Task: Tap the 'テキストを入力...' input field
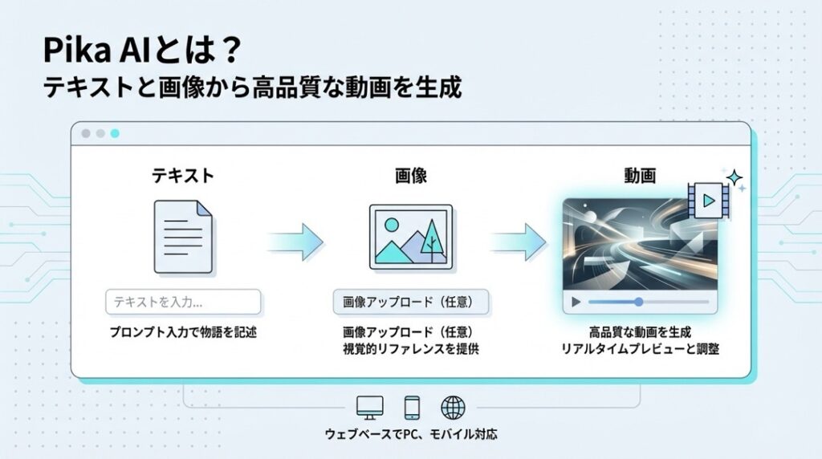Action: click(x=183, y=303)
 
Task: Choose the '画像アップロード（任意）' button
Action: click(x=410, y=303)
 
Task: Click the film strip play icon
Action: click(x=706, y=202)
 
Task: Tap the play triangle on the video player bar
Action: click(x=575, y=303)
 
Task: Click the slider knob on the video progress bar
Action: click(x=639, y=303)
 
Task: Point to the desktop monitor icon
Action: click(x=370, y=407)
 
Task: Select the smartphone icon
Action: click(x=412, y=407)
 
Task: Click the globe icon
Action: click(x=454, y=407)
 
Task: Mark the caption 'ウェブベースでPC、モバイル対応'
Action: click(x=411, y=435)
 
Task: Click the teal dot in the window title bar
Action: click(x=115, y=134)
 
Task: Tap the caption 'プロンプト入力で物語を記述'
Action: click(x=183, y=331)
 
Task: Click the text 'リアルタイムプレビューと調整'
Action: click(x=639, y=349)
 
